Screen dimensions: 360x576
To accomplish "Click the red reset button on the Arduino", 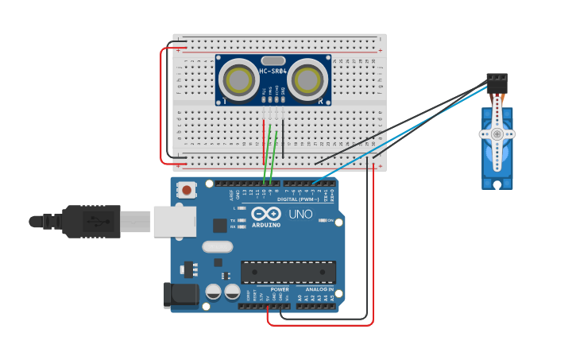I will pos(187,190).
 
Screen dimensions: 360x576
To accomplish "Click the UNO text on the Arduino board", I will pos(300,215).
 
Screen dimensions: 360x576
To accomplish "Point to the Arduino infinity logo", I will pos(266,214).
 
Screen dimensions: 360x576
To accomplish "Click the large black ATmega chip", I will pos(288,272).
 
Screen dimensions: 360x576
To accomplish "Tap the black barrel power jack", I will pos(179,294).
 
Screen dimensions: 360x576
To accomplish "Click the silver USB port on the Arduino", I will pos(174,221).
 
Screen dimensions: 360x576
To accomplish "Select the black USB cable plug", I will pos(91,221).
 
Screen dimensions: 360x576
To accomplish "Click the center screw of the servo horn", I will pos(497,134).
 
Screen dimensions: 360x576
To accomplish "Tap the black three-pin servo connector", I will pos(497,82).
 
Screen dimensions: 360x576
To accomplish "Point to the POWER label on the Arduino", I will pos(280,289).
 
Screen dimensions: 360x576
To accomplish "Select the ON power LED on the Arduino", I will pos(321,220).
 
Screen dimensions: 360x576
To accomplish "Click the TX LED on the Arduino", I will pos(241,220).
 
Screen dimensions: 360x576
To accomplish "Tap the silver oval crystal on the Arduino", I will pos(217,246).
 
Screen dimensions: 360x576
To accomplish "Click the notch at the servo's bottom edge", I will pos(497,185).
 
